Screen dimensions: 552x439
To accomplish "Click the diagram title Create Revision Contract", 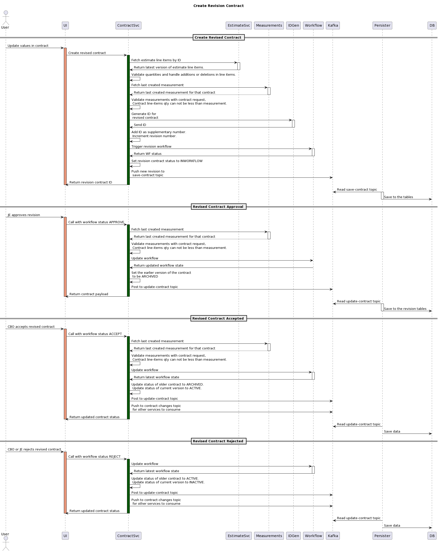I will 218,6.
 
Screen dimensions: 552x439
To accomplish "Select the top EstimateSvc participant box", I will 239,25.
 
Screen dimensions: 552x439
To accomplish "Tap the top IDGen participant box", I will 293,25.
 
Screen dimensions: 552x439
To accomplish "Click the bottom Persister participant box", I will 382,536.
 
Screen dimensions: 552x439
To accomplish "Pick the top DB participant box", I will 432,25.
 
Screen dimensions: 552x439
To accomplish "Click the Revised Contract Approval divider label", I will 218,207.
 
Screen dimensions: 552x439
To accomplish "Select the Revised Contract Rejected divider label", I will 218,441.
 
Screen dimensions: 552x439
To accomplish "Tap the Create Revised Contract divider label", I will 218,37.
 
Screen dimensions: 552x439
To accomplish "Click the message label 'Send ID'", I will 140,125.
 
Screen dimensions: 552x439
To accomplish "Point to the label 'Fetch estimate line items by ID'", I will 156,60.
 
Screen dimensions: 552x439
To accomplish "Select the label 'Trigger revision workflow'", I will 151,146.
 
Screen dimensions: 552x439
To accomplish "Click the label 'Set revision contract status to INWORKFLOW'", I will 167,161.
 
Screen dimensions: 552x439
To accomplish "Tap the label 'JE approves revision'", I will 24,215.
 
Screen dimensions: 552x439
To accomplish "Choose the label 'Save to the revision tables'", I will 405,309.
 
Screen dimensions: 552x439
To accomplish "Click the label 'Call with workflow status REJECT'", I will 94,456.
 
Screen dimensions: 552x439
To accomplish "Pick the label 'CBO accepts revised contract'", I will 31,327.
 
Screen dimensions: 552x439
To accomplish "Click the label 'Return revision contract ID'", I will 90,182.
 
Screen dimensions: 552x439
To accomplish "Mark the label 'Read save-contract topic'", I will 357,190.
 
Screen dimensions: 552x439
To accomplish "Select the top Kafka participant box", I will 333,25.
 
